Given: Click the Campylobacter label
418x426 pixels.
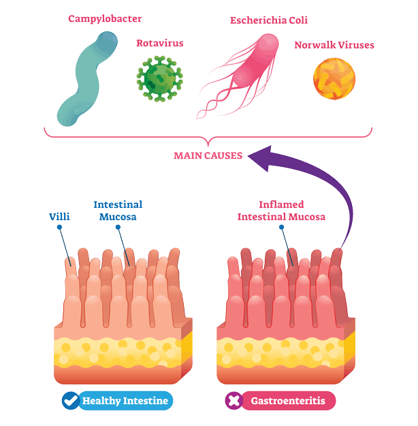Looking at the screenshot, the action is [105, 19].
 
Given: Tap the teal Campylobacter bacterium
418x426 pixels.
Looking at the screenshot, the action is [87, 79].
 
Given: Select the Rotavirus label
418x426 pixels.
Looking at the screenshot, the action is [160, 43].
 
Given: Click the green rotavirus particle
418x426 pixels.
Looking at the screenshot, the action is [159, 79].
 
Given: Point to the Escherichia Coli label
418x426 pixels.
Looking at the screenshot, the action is [269, 20].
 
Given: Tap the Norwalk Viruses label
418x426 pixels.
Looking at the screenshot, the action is [334, 45].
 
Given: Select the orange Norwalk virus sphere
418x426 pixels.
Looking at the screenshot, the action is [334, 79].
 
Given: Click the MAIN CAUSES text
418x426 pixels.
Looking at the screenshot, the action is [208, 155].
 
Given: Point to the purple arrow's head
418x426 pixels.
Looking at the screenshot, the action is [261, 158].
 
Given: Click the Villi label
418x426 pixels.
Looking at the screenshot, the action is [59, 217].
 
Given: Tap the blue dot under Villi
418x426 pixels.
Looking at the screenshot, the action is [59, 227].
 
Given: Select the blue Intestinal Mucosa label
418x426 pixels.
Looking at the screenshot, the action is [118, 211].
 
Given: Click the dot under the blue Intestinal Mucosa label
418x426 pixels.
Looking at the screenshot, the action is [118, 227].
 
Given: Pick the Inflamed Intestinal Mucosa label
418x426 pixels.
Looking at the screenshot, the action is [281, 211].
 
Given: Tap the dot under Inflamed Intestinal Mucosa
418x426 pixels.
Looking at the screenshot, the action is [281, 227].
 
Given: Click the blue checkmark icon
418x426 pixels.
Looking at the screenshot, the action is [71, 401].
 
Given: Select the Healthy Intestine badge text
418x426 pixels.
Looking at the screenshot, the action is [125, 401].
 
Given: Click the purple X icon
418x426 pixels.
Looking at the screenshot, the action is [234, 401].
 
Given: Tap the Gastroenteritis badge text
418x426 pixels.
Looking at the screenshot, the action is [288, 401].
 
